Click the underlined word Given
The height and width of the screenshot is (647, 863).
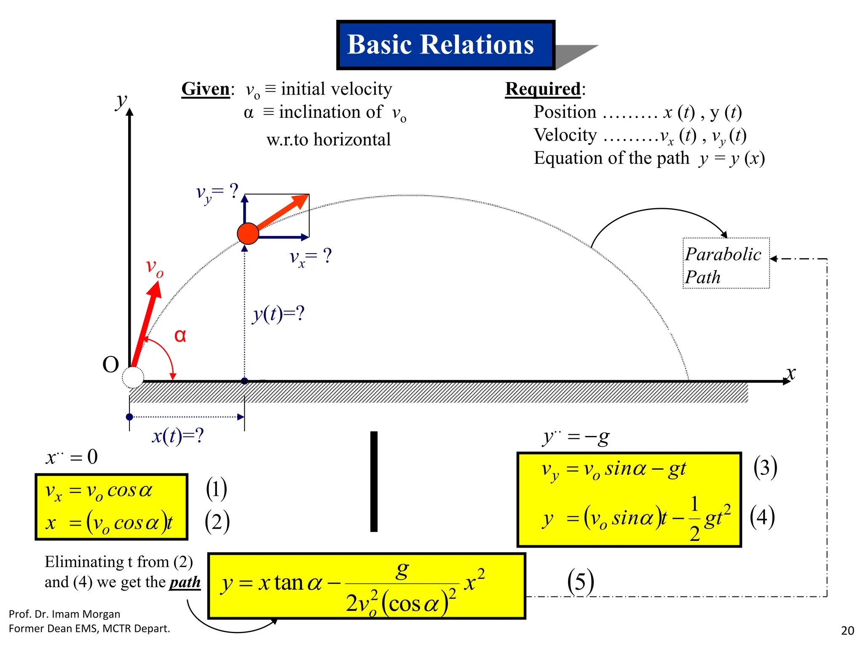click(205, 89)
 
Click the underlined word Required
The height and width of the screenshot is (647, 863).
click(543, 89)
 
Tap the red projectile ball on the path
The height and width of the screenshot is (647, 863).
click(248, 233)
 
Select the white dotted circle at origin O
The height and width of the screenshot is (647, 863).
click(133, 377)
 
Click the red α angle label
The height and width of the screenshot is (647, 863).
click(180, 336)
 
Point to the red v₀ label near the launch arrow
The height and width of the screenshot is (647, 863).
click(155, 267)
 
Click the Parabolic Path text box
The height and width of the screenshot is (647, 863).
click(726, 264)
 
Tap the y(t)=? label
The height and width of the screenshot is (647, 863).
click(279, 314)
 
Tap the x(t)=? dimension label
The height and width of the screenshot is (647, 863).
click(178, 436)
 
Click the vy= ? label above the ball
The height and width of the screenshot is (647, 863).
click(217, 193)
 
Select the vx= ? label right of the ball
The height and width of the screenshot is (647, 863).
click(311, 257)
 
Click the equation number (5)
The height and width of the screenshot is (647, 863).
click(580, 582)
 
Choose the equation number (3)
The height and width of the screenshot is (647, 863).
click(765, 468)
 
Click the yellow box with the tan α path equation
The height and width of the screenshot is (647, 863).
click(367, 586)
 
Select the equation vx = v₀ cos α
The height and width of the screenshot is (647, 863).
click(99, 491)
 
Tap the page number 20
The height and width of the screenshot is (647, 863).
click(847, 631)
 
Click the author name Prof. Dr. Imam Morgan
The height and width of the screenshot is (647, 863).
click(64, 614)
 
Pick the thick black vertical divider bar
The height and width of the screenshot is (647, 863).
click(374, 481)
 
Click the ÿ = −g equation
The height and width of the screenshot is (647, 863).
click(576, 438)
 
